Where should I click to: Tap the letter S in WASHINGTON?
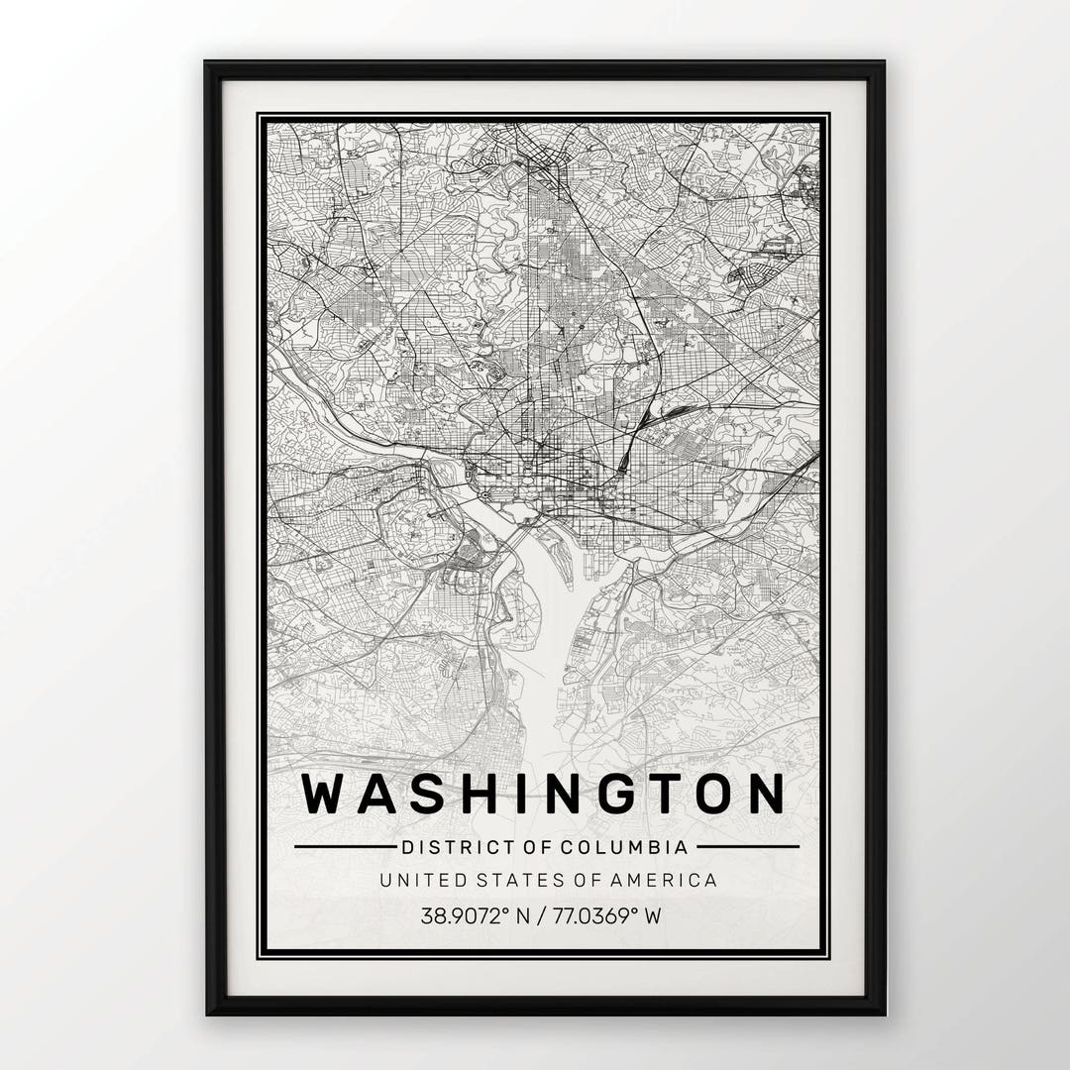[428, 794]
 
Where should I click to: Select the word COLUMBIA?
[624, 847]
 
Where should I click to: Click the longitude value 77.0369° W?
[605, 915]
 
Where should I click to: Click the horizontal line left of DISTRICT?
[344, 847]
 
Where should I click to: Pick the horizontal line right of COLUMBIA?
[747, 847]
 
